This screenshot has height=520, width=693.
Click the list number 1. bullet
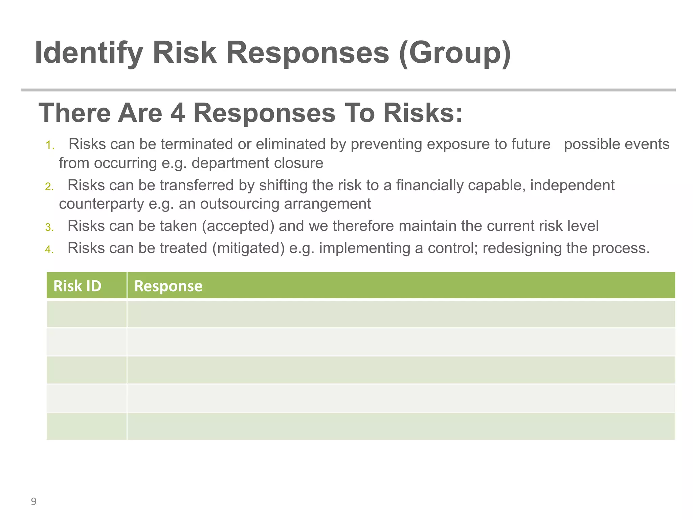pos(50,146)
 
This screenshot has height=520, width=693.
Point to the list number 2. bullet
pos(49,187)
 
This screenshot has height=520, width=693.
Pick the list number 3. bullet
pos(49,227)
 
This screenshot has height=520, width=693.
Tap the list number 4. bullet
pos(49,250)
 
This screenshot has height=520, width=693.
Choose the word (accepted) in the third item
pos(238,226)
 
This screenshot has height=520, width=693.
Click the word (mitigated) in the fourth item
pos(248,248)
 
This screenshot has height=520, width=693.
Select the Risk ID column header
pos(77,286)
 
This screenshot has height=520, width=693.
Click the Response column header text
pos(168,286)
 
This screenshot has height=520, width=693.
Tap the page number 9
pos(33,501)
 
